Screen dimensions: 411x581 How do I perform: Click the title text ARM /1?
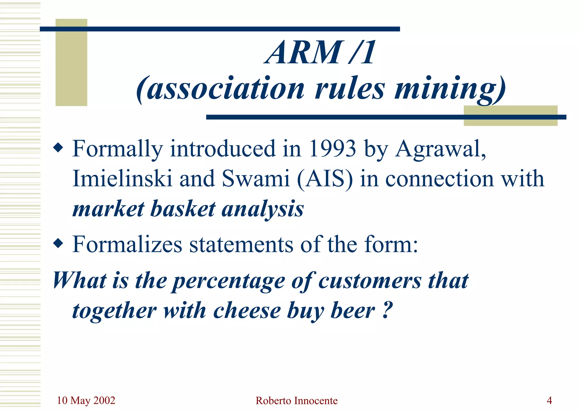320,53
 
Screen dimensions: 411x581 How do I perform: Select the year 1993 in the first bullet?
332,149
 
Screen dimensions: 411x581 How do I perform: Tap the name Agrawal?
440,149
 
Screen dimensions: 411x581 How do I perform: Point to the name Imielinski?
122,179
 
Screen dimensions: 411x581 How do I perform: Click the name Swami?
255,179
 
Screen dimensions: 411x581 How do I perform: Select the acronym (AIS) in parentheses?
325,179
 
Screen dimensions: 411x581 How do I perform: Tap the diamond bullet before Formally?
58,148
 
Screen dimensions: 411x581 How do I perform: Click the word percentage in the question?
229,281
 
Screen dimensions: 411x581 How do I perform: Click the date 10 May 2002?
86,400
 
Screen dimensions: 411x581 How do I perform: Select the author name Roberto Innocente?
296,400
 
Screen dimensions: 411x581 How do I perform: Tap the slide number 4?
549,400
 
